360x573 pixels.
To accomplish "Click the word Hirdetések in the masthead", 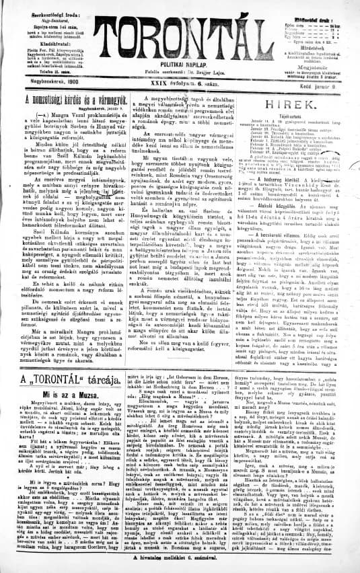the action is coord(314,48).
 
